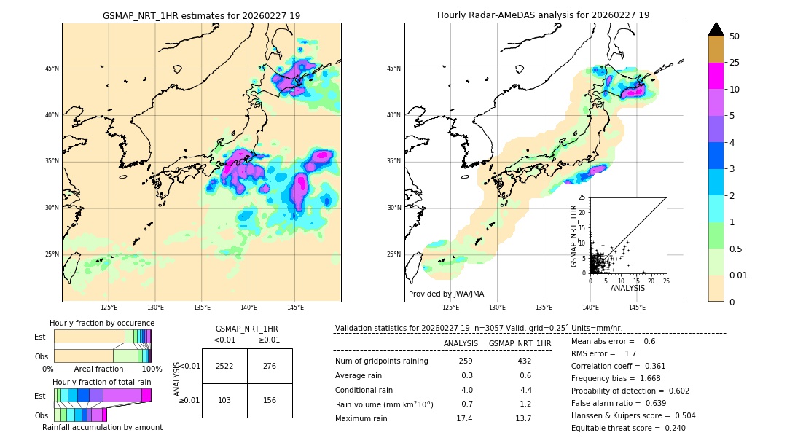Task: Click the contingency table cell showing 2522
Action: [224, 366]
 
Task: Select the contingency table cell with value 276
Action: [270, 366]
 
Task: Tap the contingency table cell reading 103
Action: [224, 401]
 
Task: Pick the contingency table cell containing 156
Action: [270, 401]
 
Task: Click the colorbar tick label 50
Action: [735, 36]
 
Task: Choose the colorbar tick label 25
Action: [735, 63]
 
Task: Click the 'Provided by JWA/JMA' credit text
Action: [446, 294]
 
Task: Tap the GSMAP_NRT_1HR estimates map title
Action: [201, 15]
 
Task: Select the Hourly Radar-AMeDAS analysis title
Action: [544, 15]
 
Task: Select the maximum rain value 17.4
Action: [464, 418]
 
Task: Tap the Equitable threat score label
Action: [617, 428]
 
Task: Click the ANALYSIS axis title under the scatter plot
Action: [627, 288]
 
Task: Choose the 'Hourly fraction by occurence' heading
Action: [102, 323]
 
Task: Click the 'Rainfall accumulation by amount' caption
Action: [102, 427]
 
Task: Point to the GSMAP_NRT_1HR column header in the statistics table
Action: [520, 343]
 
